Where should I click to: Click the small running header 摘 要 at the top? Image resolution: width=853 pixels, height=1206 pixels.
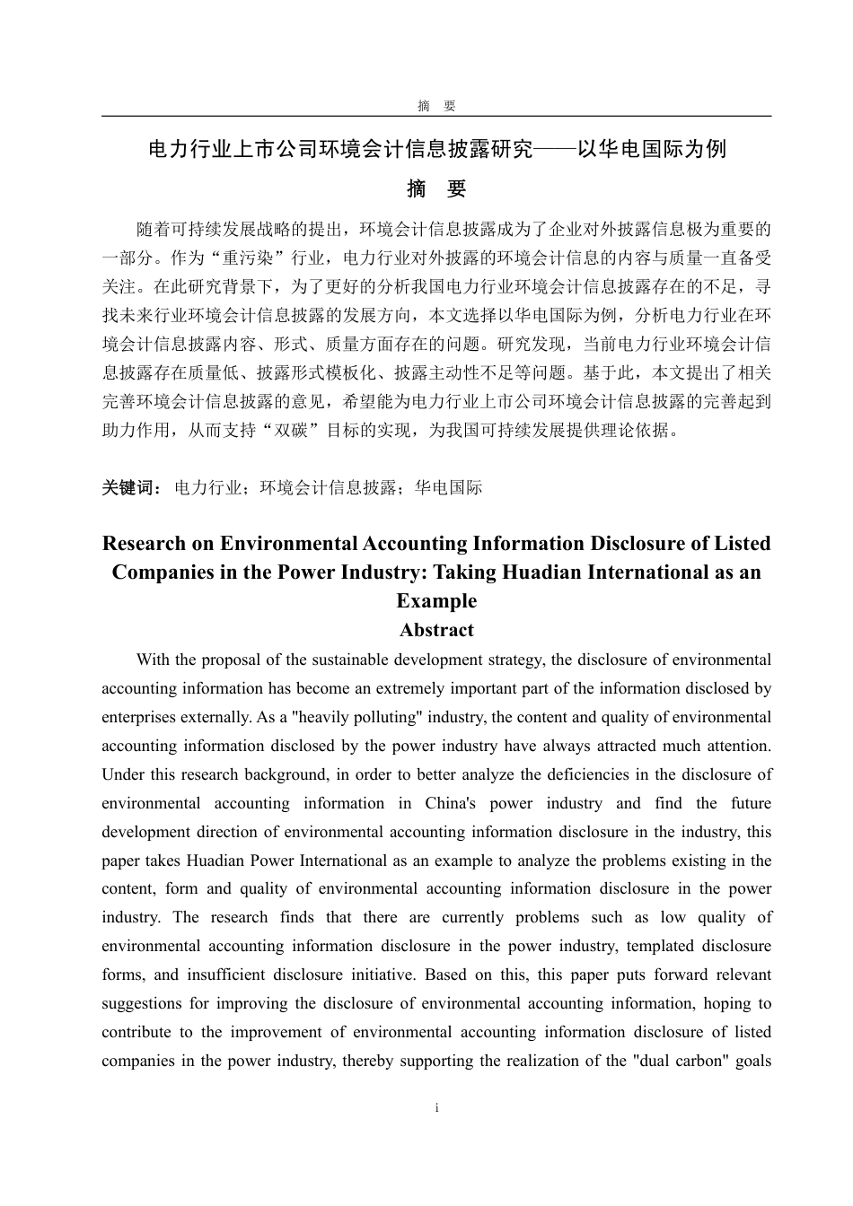pos(436,106)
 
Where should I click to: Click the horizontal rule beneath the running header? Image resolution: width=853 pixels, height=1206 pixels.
pos(436,116)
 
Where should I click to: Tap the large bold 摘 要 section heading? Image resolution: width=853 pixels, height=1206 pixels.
pos(436,189)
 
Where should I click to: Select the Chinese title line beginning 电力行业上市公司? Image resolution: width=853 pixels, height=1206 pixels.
pos(436,150)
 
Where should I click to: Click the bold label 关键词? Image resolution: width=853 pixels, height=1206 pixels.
pos(131,487)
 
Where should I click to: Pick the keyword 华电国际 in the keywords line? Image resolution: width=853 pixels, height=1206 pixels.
pos(448,487)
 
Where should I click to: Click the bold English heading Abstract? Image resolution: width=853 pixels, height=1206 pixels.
pos(436,630)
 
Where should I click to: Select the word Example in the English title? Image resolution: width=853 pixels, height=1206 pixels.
pos(436,601)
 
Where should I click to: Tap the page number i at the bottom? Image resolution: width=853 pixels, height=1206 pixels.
pos(436,1108)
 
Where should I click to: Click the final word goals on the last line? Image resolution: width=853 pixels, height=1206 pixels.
pos(752,1061)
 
